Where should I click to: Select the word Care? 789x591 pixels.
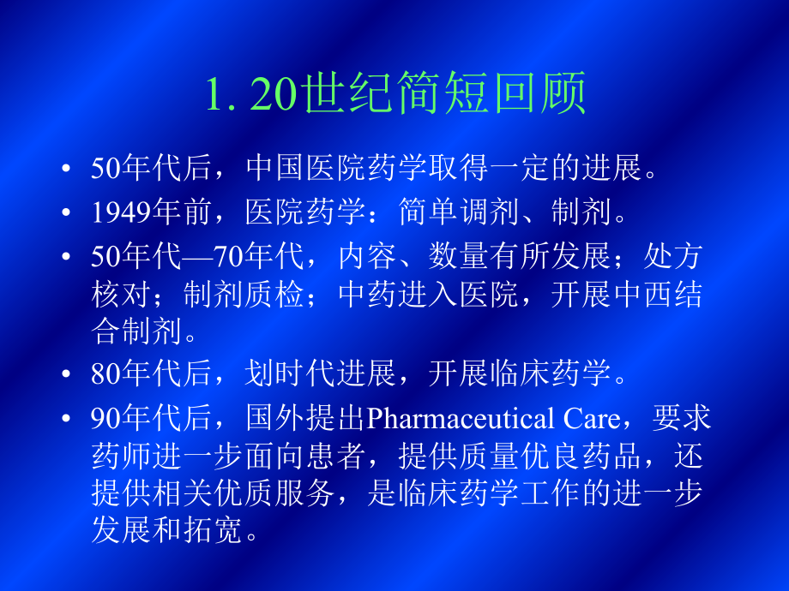click(x=593, y=420)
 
